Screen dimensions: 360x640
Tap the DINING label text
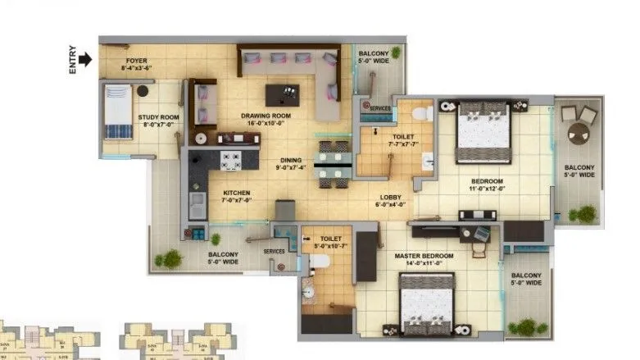coord(290,161)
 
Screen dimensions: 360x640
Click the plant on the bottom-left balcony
coord(170,259)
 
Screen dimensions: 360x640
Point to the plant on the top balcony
coord(397,53)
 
